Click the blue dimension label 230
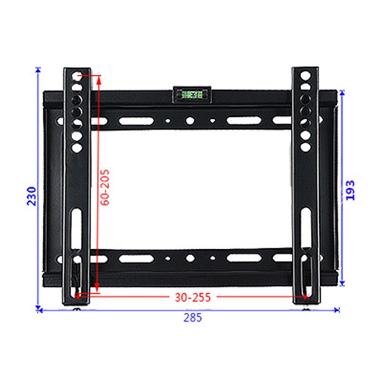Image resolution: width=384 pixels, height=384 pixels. coord(31,196)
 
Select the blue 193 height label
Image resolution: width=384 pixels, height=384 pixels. coord(350,190)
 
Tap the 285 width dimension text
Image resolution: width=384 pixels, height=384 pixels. coord(192,318)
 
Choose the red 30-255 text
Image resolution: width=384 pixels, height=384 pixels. coord(193,297)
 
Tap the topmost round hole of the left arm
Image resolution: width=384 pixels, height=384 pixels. coord(77,74)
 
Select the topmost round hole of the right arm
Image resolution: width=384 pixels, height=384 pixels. coord(305,74)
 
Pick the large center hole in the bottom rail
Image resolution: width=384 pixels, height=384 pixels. coord(190,258)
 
